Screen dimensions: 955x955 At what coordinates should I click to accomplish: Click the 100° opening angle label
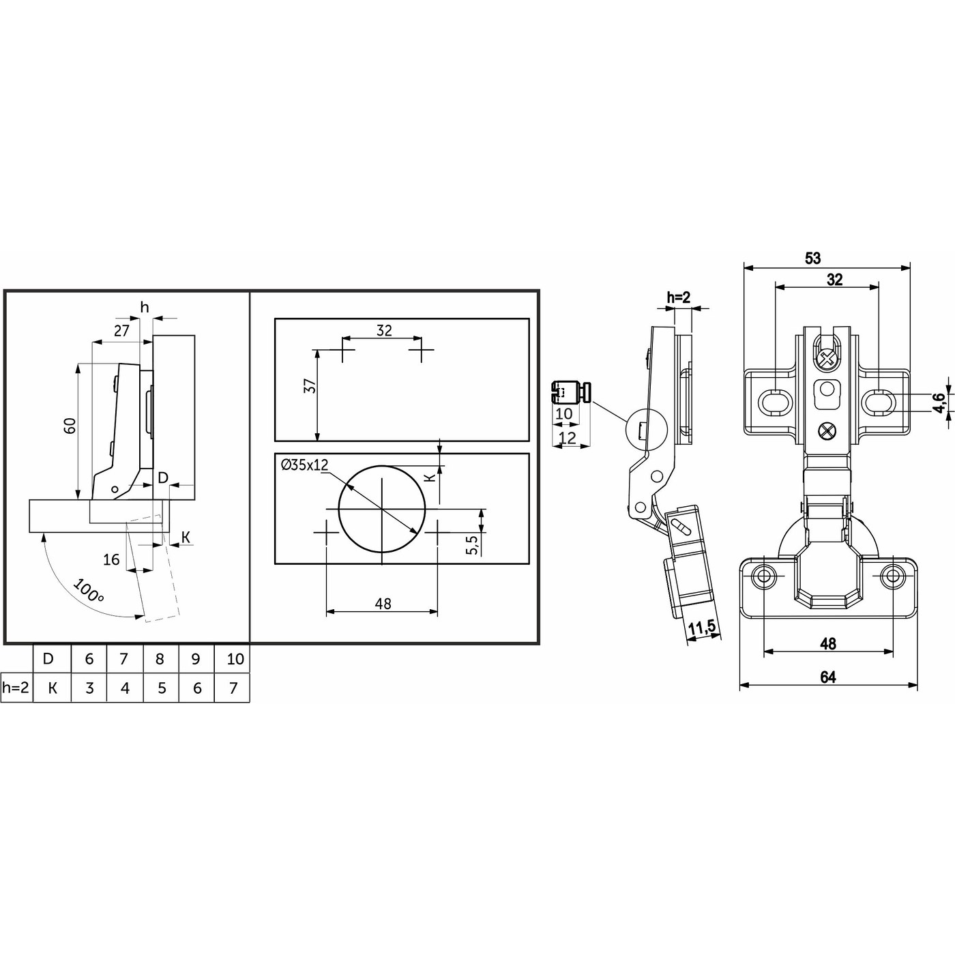[88, 591]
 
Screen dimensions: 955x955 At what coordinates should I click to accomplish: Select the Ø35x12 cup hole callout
[304, 465]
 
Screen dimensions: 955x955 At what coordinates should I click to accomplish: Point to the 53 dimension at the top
[812, 259]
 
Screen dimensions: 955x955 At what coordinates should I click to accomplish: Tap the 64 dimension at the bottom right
[828, 677]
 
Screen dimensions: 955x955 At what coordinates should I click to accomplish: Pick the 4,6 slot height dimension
[938, 402]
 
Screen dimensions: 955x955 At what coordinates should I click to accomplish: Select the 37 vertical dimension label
[309, 385]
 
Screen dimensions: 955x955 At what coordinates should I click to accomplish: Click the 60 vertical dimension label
[70, 426]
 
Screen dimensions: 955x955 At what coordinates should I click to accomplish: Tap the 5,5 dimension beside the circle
[471, 544]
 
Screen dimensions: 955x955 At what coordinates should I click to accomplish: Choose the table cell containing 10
[232, 659]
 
